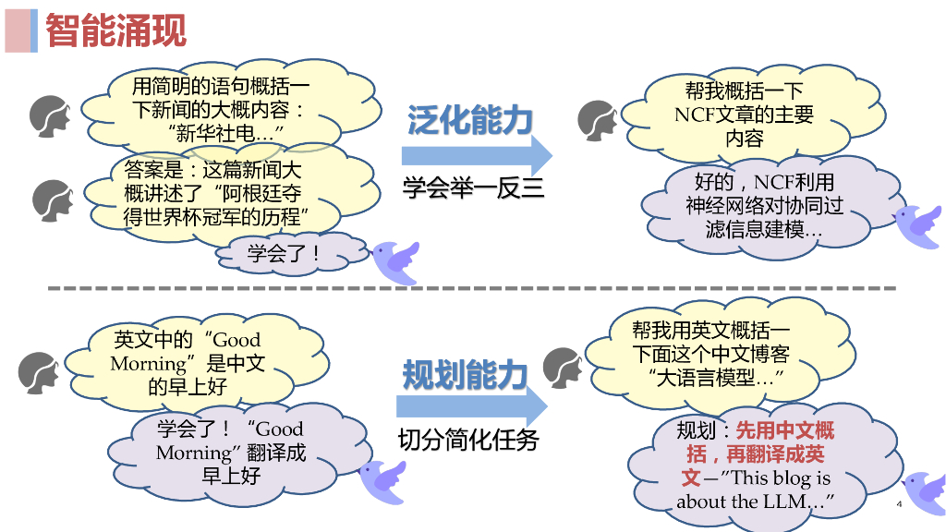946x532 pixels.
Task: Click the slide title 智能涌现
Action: tap(115, 30)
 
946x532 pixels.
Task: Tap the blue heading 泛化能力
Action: tap(470, 120)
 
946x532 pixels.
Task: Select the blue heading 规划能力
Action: tap(465, 375)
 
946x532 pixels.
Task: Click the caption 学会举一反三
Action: tap(473, 188)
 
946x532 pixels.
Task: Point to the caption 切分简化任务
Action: tap(468, 440)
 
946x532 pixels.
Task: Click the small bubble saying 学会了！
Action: tap(284, 252)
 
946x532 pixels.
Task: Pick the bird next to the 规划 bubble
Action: tap(924, 491)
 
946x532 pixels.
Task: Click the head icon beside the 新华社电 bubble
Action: tap(52, 116)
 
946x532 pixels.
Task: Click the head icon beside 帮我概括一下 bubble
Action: tap(599, 120)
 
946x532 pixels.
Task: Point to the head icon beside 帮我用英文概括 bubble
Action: tap(564, 368)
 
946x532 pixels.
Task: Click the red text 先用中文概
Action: tap(784, 429)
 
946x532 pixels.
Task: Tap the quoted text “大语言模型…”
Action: tap(717, 378)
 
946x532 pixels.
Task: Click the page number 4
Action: tap(898, 504)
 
